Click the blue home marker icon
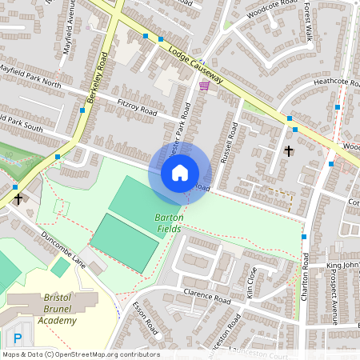point(180,172)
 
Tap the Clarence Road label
point(206,298)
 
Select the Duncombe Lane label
point(63,249)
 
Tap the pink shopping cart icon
point(204,86)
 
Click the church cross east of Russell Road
point(289,150)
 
